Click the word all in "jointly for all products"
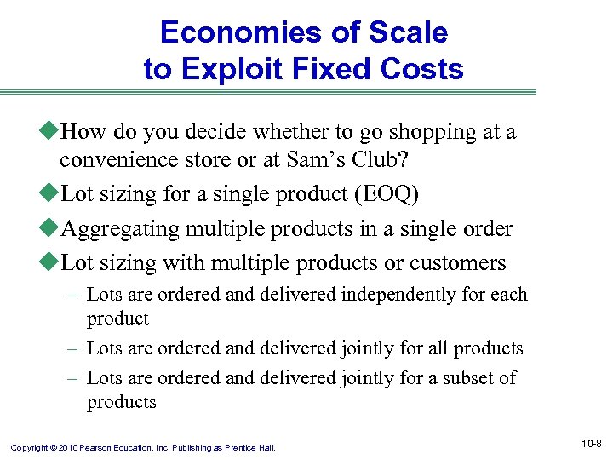click(x=438, y=348)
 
